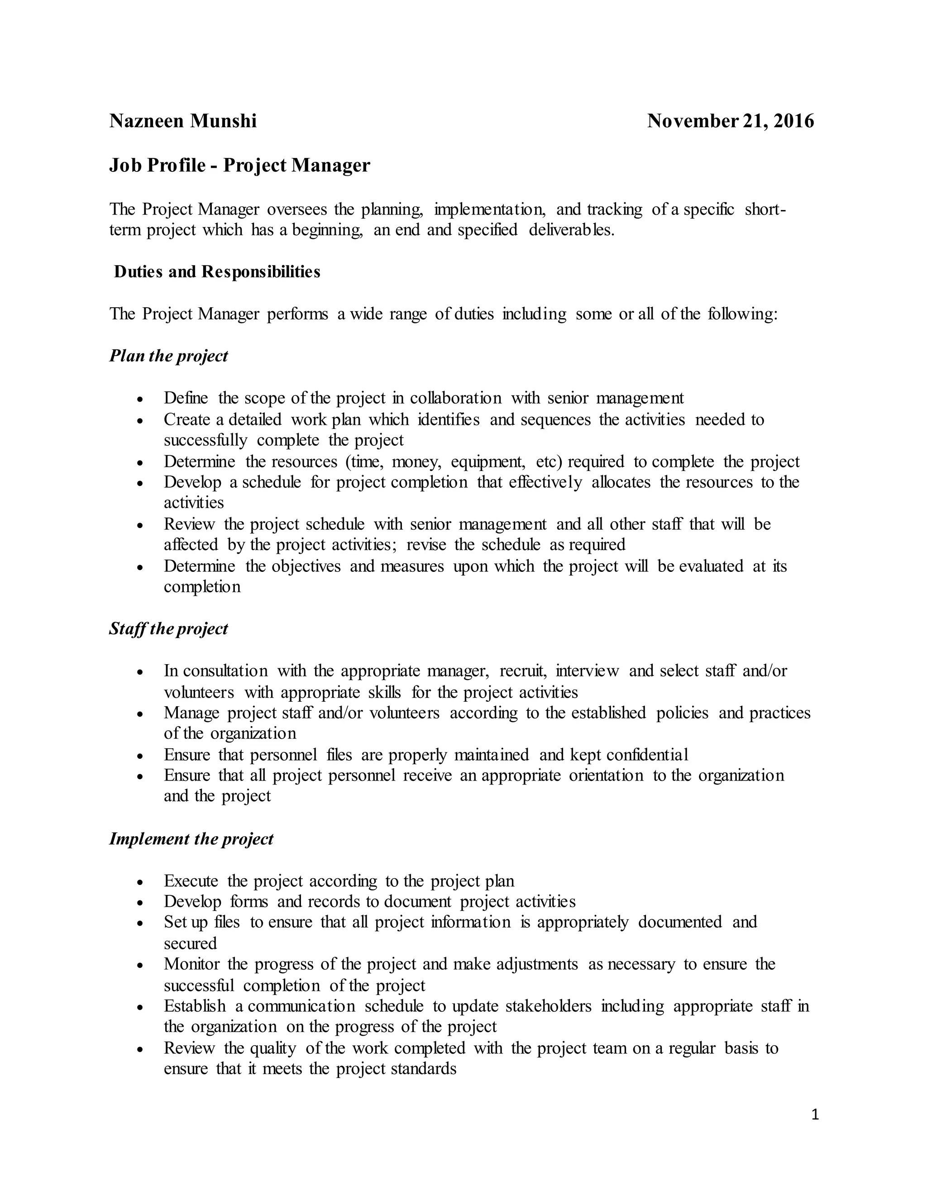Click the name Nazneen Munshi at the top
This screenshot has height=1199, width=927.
pos(183,121)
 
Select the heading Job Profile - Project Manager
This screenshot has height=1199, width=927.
pos(239,165)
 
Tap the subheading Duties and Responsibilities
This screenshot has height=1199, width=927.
pos(217,272)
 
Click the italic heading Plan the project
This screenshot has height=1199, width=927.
pos(168,356)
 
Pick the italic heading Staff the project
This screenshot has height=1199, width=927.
pos(168,628)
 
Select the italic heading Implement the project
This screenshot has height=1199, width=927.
pos(191,839)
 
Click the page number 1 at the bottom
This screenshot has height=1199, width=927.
pos(814,1114)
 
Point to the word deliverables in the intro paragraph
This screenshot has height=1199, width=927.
pos(571,230)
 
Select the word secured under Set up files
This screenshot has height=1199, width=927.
pos(190,944)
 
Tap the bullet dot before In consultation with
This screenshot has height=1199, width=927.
pos(141,672)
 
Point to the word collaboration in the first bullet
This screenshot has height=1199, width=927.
pos(455,398)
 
